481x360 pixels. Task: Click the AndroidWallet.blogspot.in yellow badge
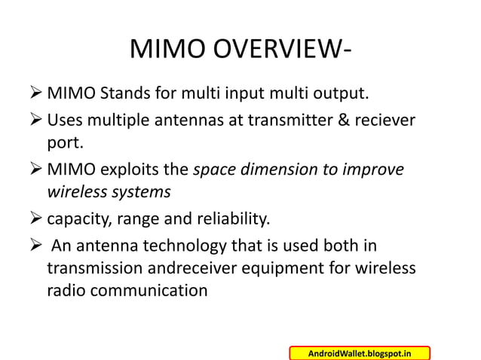coord(360,352)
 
